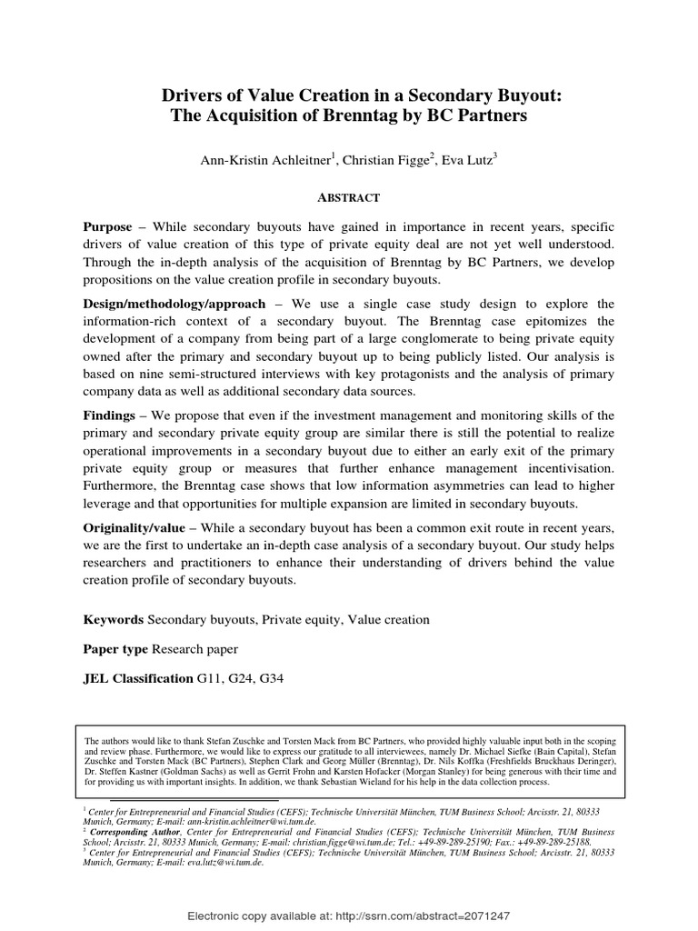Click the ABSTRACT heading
tap(348, 197)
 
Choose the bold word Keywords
tap(114, 620)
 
